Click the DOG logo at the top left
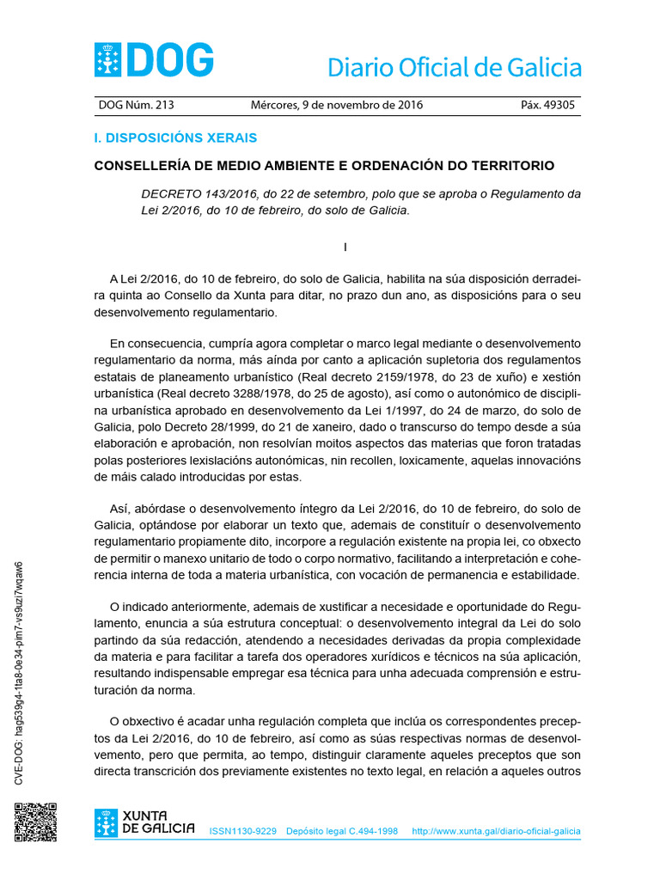pyautogui.click(x=153, y=60)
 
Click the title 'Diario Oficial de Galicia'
pyautogui.click(x=454, y=68)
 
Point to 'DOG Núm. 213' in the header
pyautogui.click(x=137, y=106)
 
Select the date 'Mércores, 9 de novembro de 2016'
pyautogui.click(x=336, y=106)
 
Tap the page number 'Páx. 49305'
pyautogui.click(x=548, y=106)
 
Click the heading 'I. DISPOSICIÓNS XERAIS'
pyautogui.click(x=175, y=137)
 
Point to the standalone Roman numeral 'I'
pyautogui.click(x=345, y=247)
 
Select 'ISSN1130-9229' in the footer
pyautogui.click(x=243, y=832)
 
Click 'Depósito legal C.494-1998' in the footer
pyautogui.click(x=342, y=832)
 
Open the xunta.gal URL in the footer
pyautogui.click(x=496, y=832)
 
